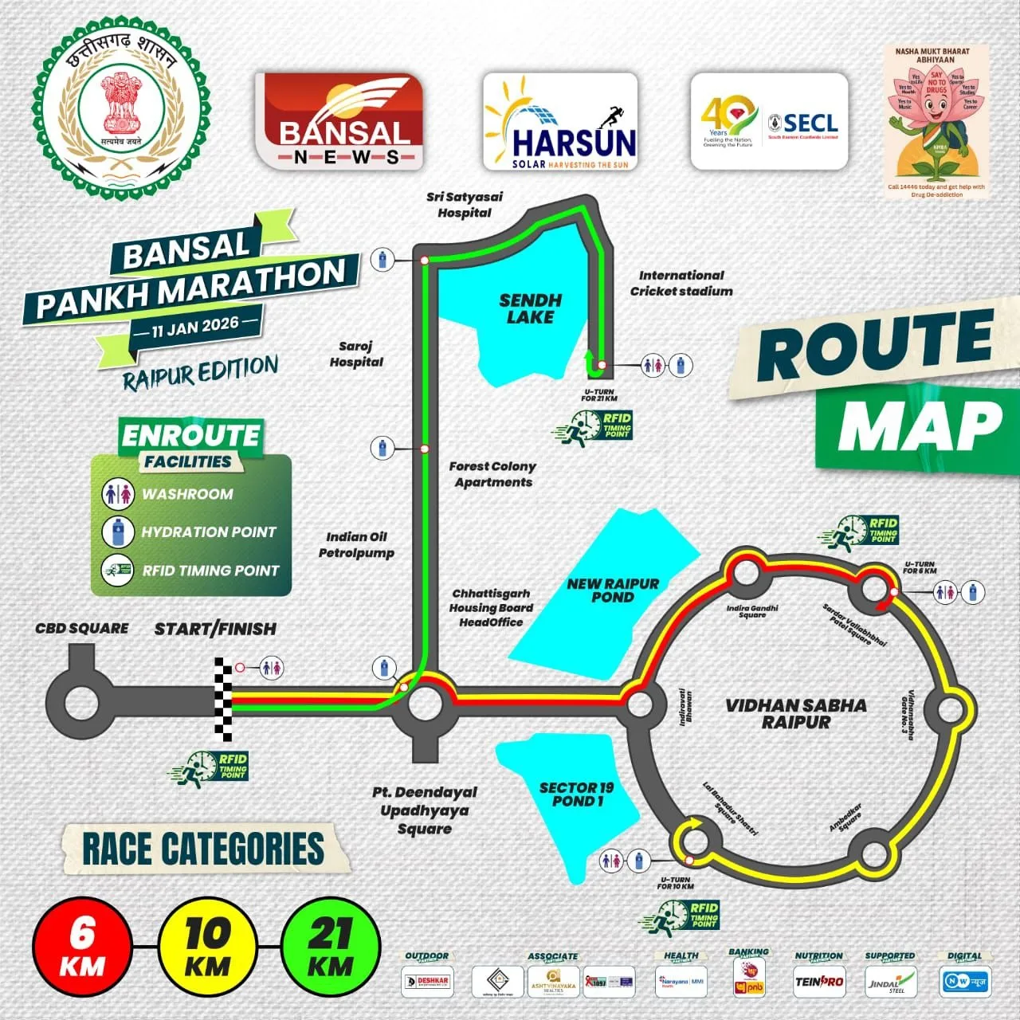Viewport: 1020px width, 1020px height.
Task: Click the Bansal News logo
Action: (x=339, y=120)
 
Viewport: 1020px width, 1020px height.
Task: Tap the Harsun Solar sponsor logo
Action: (x=560, y=121)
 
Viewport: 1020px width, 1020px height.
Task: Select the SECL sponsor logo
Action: (x=769, y=121)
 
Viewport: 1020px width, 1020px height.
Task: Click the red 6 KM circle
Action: (x=82, y=946)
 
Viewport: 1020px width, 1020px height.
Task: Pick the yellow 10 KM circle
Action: (x=207, y=946)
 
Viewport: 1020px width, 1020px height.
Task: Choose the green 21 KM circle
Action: (x=331, y=946)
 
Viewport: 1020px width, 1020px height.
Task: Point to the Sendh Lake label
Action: (x=530, y=308)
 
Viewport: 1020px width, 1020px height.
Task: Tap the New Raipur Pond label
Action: (x=613, y=590)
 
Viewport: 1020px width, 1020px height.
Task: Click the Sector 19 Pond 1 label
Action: (x=577, y=794)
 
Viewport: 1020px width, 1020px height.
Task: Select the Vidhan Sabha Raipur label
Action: (x=796, y=713)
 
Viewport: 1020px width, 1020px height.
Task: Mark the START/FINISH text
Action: (x=215, y=629)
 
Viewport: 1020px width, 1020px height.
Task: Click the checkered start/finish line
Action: (x=224, y=700)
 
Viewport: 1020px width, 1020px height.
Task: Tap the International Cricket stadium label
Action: (x=681, y=283)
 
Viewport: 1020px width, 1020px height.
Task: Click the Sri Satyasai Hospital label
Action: (x=465, y=205)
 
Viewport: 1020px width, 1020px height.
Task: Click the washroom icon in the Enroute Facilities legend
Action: (x=118, y=494)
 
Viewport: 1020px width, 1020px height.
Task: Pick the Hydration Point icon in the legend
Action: (x=118, y=532)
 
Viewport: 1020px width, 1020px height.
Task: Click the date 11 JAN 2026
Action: (x=196, y=326)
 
